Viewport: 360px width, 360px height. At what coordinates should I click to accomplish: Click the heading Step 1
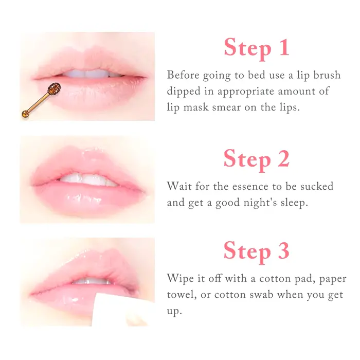[x=257, y=48]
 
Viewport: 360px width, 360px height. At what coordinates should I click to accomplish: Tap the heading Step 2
[x=257, y=159]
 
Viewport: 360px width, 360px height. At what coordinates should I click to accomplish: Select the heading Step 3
[x=257, y=251]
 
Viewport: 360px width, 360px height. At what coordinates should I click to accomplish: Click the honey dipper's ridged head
[x=54, y=88]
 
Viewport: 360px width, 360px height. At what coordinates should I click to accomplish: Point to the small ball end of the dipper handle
[x=25, y=114]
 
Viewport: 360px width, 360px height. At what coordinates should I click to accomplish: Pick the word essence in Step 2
[x=250, y=186]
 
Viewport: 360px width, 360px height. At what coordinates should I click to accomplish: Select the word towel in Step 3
[x=182, y=295]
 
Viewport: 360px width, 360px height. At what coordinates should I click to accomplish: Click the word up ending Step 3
[x=174, y=311]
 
